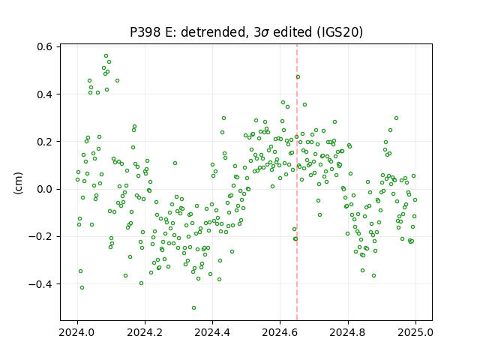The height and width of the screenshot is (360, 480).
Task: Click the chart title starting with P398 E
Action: (x=247, y=32)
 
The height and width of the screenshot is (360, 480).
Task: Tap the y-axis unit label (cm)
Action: (x=18, y=183)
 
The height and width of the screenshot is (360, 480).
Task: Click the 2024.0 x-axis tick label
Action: (x=77, y=332)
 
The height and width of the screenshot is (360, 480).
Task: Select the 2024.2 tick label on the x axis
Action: (x=145, y=332)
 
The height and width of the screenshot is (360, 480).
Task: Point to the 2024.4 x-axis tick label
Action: (x=212, y=332)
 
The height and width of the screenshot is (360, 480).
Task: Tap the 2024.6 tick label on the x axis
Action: (x=280, y=332)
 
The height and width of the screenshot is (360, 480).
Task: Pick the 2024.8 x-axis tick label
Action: (x=348, y=332)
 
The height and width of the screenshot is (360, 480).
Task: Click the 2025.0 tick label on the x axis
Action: (x=415, y=332)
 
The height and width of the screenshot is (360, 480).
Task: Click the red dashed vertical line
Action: (x=297, y=182)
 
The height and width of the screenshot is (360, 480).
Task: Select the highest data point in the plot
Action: (x=106, y=56)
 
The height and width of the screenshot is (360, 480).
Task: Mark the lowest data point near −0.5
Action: (x=193, y=308)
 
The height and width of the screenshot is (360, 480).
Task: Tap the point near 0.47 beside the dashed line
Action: (x=298, y=76)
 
